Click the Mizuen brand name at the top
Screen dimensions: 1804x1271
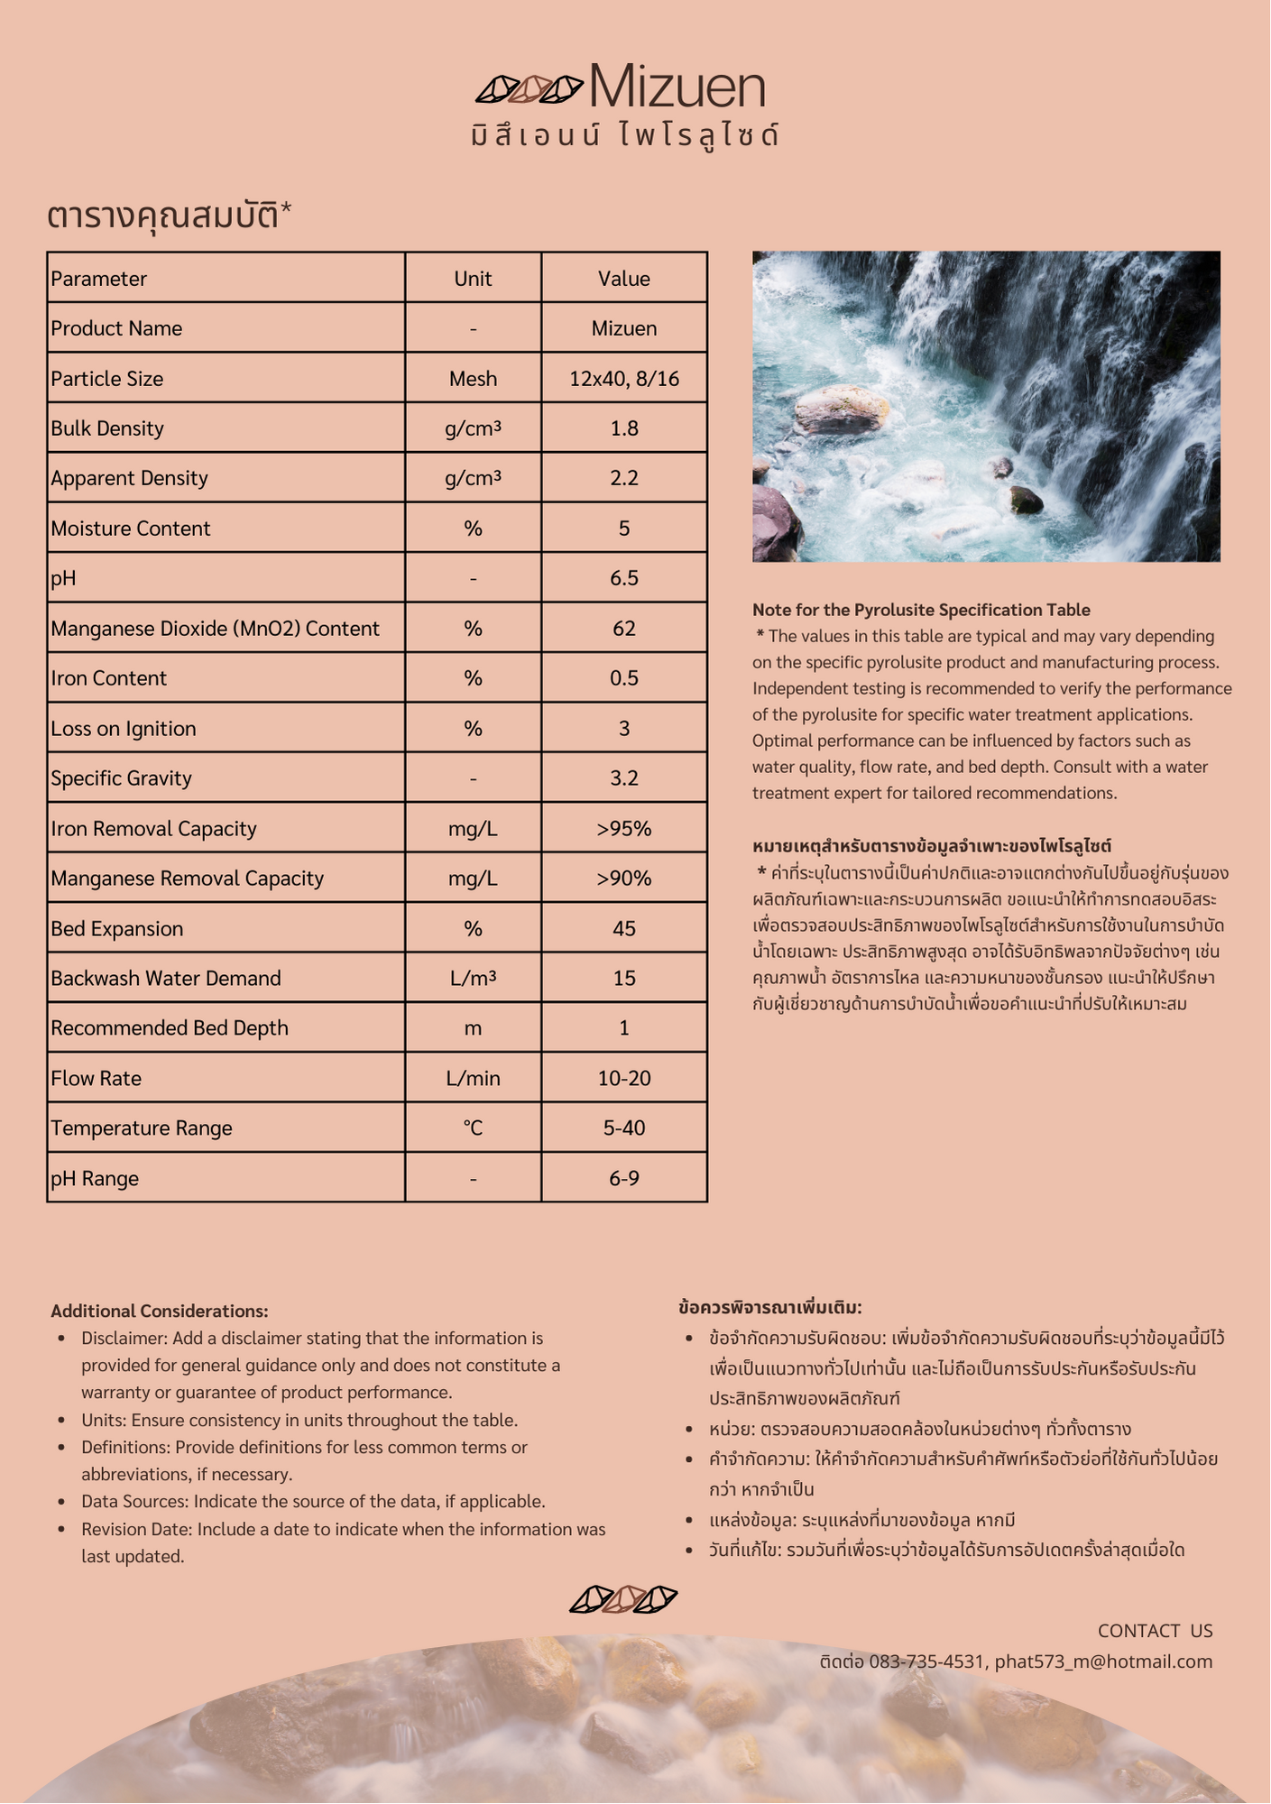(x=677, y=87)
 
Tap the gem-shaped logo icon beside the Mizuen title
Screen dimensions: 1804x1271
(x=530, y=89)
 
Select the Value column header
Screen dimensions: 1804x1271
(x=623, y=279)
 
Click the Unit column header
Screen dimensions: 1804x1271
(x=473, y=279)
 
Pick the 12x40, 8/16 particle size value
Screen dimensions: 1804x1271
(x=623, y=379)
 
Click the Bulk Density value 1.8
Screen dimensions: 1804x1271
(x=623, y=428)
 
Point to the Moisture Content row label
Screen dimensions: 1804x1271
(x=131, y=529)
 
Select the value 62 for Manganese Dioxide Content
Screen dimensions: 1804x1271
(x=623, y=629)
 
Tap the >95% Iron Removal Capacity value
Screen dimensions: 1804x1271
(x=623, y=829)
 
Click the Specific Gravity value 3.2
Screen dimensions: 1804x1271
(x=623, y=778)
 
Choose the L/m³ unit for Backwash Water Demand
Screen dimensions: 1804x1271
(x=473, y=979)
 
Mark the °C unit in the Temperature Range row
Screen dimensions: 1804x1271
(x=473, y=1128)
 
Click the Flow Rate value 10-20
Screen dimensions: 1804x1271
(x=623, y=1079)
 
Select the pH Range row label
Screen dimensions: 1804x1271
(x=95, y=1179)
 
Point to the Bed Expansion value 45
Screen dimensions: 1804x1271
(x=623, y=929)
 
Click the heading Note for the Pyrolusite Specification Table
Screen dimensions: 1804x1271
(x=921, y=610)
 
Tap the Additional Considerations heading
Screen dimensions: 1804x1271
(x=160, y=1312)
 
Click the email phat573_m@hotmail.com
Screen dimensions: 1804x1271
(x=1103, y=1661)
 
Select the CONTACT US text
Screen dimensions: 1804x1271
(x=1155, y=1631)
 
